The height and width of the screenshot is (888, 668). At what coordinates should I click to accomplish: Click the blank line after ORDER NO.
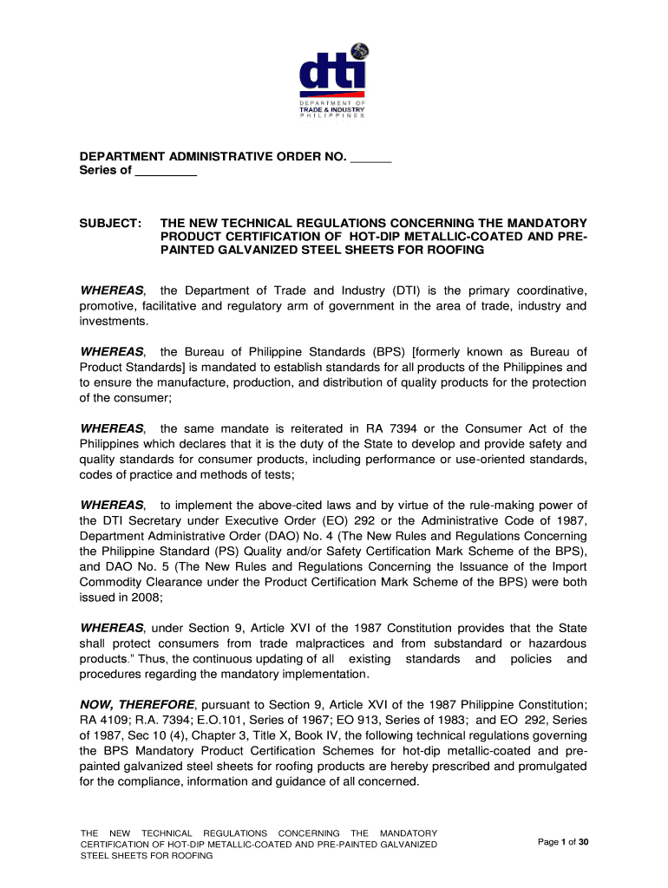(x=372, y=157)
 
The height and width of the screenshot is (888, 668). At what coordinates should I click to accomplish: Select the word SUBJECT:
(x=111, y=223)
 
